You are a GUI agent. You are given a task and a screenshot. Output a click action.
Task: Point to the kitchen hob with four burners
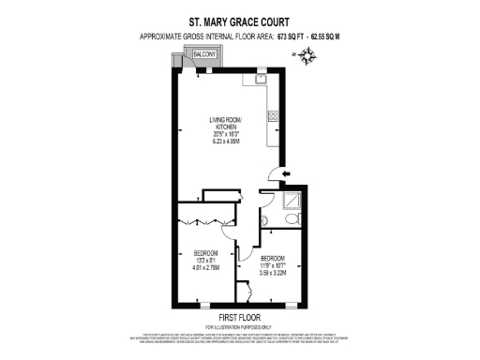[273, 116]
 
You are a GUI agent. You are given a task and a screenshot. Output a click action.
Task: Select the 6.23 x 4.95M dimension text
[225, 141]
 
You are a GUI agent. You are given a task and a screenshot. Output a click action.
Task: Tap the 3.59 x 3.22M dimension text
[273, 274]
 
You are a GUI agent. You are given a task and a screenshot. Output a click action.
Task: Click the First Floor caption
[240, 317]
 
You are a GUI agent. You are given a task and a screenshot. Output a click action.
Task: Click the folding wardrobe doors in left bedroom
[198, 221]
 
